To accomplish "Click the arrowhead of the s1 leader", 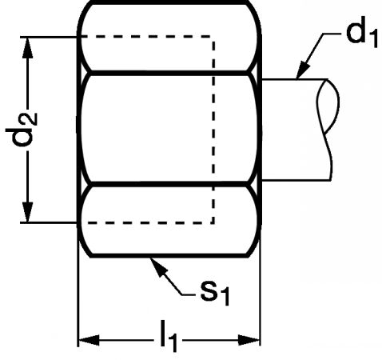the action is point(157,266).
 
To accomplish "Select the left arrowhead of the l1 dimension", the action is point(89,340).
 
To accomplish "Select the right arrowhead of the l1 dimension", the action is point(249,340).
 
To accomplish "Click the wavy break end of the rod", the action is point(328,130).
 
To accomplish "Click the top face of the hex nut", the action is point(169,37).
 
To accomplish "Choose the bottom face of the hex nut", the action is point(169,220).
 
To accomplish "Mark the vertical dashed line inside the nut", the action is point(213,130).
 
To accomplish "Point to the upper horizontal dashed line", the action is point(145,36).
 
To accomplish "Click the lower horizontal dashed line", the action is point(149,222).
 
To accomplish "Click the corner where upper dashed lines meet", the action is point(213,37).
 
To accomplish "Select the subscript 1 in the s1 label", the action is point(225,298).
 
